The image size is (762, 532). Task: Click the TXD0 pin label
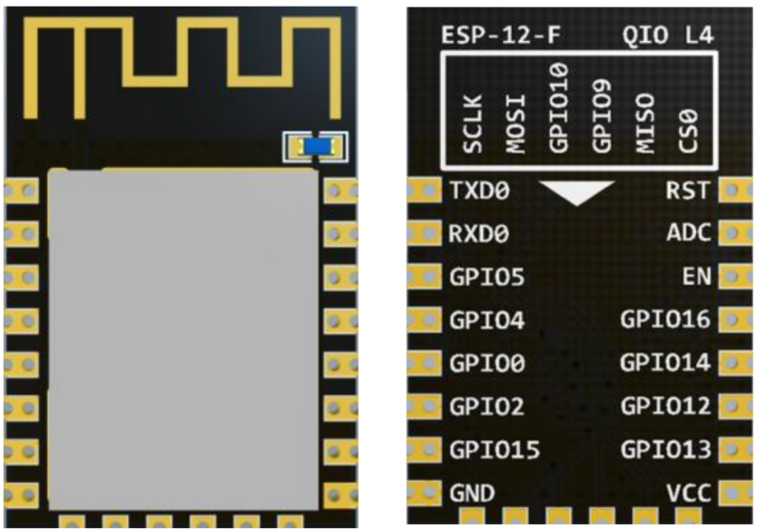479,190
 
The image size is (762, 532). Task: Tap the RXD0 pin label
479,233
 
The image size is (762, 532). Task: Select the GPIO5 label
487,277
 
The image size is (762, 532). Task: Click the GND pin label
471,493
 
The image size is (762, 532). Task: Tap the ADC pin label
688,233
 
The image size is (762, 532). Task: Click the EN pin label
696,277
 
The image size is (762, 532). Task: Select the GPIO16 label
665,320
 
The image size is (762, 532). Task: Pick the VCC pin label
688,493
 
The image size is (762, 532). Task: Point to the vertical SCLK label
472,122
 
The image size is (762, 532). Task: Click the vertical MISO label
643,122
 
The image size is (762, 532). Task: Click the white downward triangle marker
576,192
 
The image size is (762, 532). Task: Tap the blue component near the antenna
315,146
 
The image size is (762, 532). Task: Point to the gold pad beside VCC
735,493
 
